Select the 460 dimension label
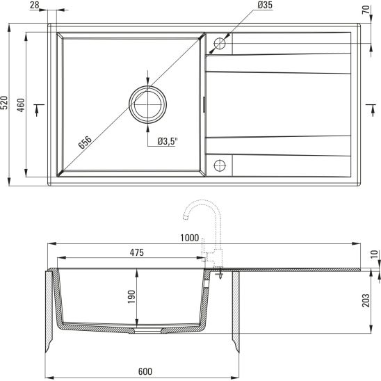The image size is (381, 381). (x=22, y=105)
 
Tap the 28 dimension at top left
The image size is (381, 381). (x=35, y=5)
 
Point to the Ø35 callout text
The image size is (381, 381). (x=265, y=5)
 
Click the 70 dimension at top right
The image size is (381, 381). (x=366, y=10)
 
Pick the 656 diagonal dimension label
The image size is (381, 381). (x=85, y=142)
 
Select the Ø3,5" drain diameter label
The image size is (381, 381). (x=168, y=141)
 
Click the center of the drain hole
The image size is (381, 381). (x=147, y=105)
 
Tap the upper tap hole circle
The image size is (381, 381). (x=220, y=44)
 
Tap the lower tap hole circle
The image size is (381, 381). (x=220, y=165)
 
